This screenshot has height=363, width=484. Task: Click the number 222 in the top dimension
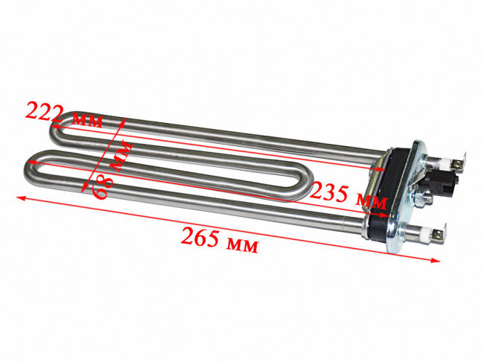(x=44, y=112)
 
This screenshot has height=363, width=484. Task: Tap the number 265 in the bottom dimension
(x=200, y=238)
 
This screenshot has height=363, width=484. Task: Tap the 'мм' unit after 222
(x=86, y=120)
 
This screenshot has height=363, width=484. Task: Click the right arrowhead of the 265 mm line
(x=436, y=260)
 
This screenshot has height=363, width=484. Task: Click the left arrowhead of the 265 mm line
(x=21, y=198)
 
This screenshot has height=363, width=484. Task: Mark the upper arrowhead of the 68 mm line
(x=123, y=122)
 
